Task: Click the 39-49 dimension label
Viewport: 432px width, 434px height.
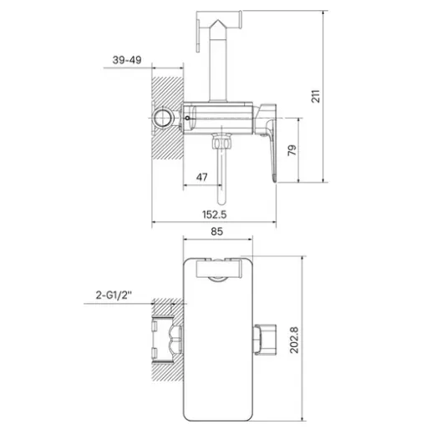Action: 127,60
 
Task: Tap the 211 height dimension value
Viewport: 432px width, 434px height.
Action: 316,96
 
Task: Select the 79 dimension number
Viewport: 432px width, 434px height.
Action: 292,150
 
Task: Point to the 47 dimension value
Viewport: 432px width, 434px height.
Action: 201,177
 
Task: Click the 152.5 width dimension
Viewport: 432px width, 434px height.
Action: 214,214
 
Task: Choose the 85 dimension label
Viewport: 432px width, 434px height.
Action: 216,231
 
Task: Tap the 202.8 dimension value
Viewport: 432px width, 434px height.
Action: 294,340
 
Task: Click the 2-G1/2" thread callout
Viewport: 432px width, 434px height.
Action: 114,295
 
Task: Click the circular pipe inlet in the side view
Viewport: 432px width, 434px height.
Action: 163,118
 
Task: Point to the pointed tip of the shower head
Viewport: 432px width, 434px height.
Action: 218,20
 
